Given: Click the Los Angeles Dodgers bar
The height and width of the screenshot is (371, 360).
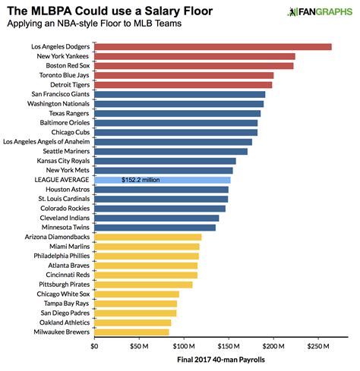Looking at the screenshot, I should (213, 47).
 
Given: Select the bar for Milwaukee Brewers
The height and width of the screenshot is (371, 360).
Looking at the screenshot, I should (131, 332).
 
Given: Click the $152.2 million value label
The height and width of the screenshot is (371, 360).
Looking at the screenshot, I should (141, 180).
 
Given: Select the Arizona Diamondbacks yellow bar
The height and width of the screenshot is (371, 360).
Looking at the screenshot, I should (148, 237).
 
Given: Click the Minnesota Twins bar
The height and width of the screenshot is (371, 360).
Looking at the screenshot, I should (155, 227).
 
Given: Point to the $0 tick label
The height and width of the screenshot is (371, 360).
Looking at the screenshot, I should (95, 347).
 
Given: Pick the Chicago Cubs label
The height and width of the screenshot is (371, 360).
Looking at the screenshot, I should (69, 132).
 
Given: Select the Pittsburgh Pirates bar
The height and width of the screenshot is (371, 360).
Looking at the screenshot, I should (144, 284).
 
